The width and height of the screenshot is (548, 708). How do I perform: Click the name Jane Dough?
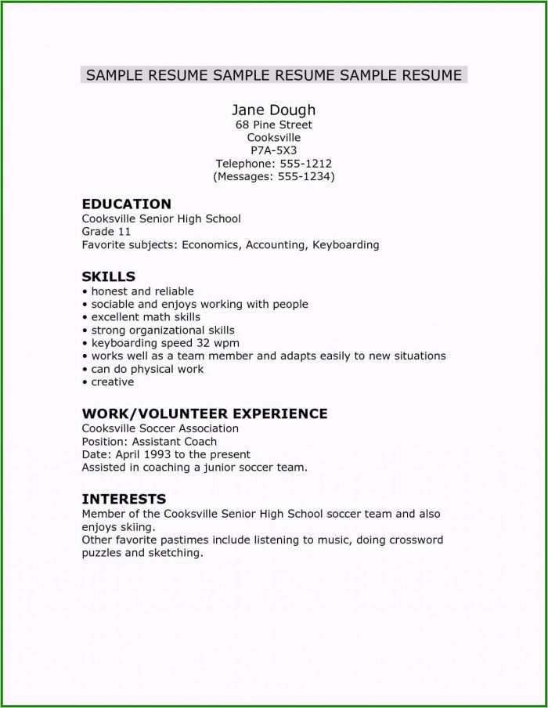tap(273, 110)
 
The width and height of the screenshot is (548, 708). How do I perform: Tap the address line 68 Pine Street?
tap(273, 125)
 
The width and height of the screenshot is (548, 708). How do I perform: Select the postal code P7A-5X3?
tap(273, 150)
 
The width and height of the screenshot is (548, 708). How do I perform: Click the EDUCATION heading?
tap(126, 204)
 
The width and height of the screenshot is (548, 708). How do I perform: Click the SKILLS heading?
tap(109, 276)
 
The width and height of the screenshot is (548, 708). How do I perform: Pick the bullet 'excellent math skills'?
tap(146, 317)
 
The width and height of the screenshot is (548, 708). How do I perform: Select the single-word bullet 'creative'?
tap(112, 382)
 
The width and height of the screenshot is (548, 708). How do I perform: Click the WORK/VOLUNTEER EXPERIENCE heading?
tap(204, 414)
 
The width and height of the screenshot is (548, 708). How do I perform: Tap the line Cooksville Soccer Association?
tap(160, 429)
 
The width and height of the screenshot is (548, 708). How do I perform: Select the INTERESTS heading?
tap(124, 498)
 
